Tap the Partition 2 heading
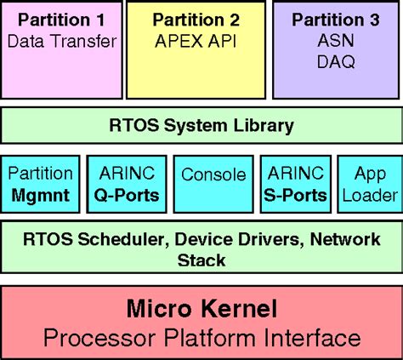click(196, 19)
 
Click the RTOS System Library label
click(201, 126)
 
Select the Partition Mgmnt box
click(40, 184)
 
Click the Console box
click(213, 176)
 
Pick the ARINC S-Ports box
click(294, 184)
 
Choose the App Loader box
click(369, 184)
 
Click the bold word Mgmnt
click(40, 195)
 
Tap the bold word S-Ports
click(294, 195)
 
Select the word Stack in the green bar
click(201, 260)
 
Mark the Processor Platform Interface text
click(201, 338)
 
